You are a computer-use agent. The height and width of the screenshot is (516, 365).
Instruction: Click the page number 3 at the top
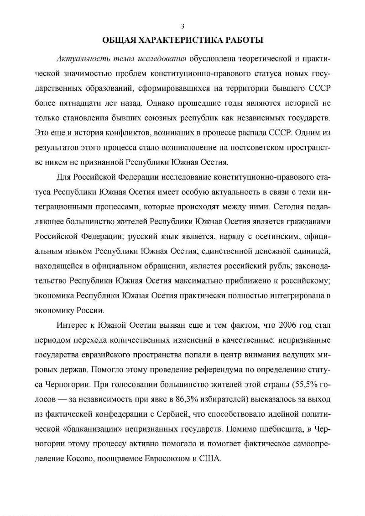(x=182, y=26)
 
